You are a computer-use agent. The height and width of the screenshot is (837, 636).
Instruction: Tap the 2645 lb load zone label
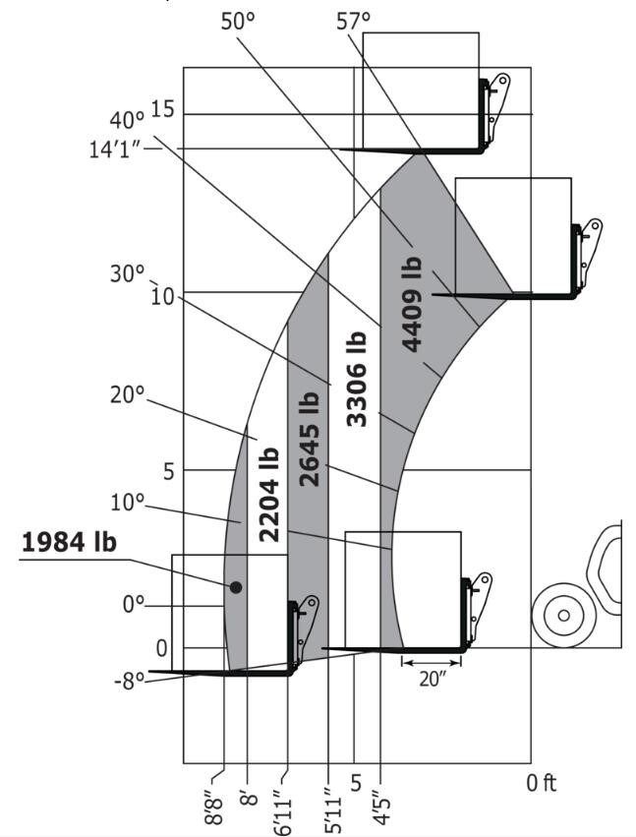click(310, 440)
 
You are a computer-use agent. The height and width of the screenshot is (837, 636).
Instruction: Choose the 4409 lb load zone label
click(412, 304)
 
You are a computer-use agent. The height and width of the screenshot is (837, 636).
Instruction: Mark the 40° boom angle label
click(126, 120)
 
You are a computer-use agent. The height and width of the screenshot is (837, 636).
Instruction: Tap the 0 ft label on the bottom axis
click(541, 784)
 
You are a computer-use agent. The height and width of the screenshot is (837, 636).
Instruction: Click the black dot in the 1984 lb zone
click(236, 587)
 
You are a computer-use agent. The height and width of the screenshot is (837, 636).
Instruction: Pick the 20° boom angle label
click(127, 394)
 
